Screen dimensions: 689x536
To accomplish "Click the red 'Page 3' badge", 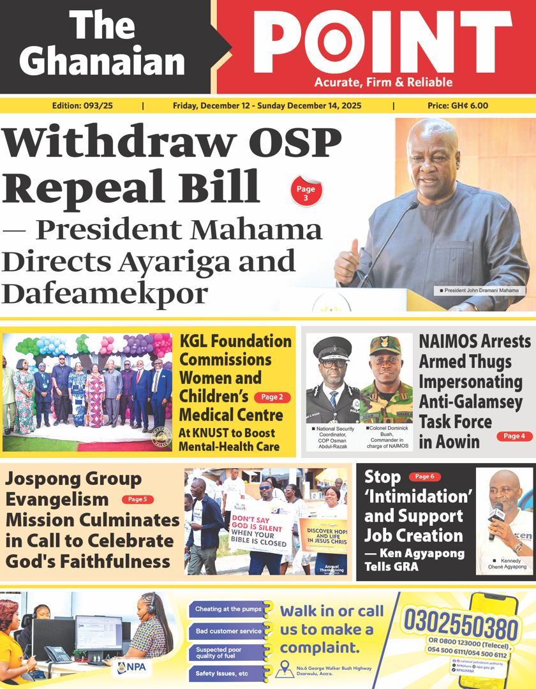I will tap(306, 193).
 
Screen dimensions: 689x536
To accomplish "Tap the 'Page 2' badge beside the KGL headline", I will tap(272, 397).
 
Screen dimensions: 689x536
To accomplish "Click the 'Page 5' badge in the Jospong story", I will tap(137, 499).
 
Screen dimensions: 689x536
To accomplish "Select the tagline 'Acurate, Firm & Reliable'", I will tap(383, 82).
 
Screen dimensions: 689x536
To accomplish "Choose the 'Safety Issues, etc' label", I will tap(225, 674).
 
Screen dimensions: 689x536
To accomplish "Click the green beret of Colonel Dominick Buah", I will tap(385, 345).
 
